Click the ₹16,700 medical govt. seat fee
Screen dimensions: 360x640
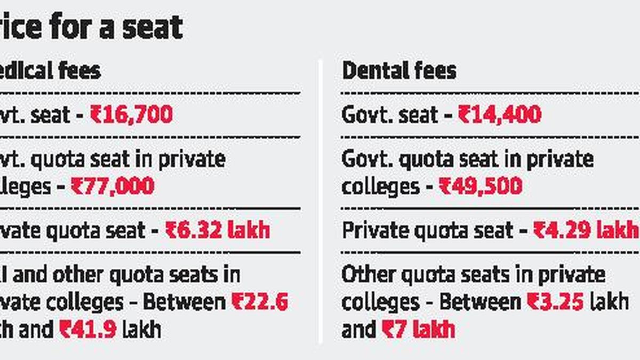(131, 115)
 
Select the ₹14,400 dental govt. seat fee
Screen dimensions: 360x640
(499, 115)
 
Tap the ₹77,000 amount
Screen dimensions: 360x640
(113, 186)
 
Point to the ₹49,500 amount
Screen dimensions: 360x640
(480, 186)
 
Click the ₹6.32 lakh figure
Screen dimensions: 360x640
(218, 230)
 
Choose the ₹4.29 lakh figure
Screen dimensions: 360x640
(586, 230)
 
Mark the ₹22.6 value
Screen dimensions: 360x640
(260, 302)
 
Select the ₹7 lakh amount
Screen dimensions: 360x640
(418, 330)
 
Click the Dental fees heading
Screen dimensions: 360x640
(399, 71)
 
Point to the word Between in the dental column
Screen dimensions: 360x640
(480, 302)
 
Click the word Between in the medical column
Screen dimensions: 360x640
(185, 302)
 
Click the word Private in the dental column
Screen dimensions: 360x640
(373, 230)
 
